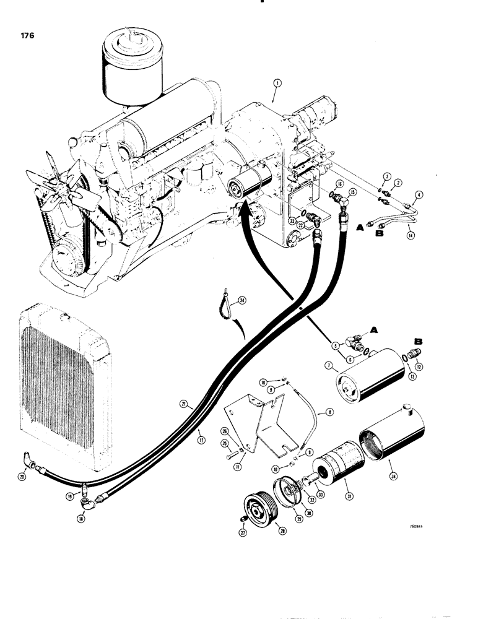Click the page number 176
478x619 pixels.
27,35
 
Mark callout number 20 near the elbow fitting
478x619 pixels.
23,477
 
